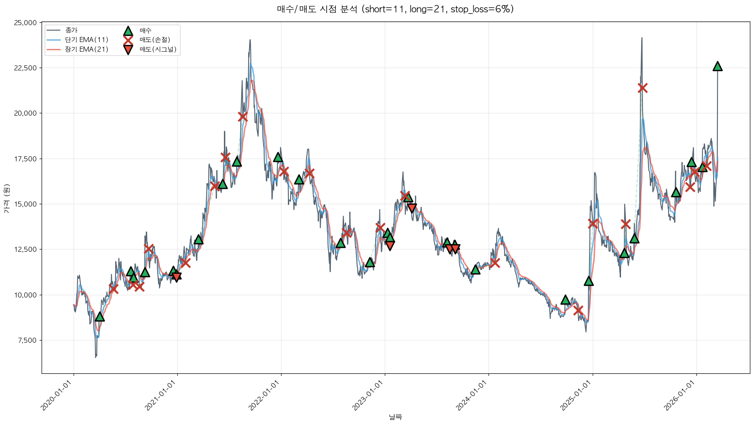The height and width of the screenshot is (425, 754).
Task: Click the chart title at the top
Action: (x=395, y=9)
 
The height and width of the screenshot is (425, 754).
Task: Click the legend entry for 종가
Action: (x=71, y=30)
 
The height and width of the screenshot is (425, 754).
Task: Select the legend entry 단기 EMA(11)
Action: (x=86, y=40)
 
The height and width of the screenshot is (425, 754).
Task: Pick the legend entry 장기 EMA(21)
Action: (x=86, y=49)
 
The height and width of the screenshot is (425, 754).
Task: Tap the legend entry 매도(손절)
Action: (x=155, y=40)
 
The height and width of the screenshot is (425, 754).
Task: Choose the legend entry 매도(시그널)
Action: (x=158, y=49)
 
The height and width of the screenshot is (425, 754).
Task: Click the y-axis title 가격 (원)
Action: (x=6, y=198)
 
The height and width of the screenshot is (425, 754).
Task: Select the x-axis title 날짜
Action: (x=395, y=417)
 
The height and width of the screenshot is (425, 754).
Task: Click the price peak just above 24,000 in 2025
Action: (x=642, y=38)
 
